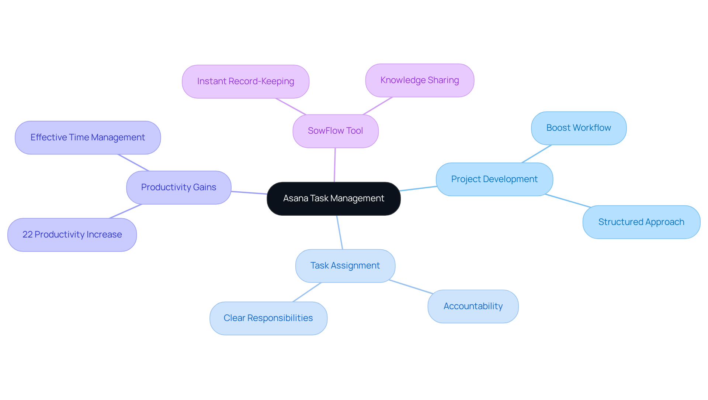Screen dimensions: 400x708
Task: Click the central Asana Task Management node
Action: click(x=333, y=198)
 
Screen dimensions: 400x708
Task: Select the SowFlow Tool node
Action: click(x=335, y=131)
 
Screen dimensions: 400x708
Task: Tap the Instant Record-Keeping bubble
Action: click(x=245, y=81)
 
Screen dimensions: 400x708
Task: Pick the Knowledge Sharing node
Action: click(x=419, y=80)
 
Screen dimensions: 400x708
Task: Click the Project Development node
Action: click(x=494, y=179)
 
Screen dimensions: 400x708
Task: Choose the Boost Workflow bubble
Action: click(x=578, y=128)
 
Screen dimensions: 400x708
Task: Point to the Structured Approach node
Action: click(x=641, y=222)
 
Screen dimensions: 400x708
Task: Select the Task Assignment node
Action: click(x=345, y=266)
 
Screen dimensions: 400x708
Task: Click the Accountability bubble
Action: click(x=473, y=306)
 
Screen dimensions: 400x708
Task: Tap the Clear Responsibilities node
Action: click(x=268, y=318)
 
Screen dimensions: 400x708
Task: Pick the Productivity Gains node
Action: click(x=178, y=187)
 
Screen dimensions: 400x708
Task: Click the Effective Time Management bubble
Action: click(x=87, y=137)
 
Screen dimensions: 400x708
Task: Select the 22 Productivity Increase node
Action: click(x=72, y=235)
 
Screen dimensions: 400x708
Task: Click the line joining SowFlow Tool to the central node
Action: click(x=335, y=165)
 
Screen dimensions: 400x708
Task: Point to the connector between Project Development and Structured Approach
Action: click(x=568, y=201)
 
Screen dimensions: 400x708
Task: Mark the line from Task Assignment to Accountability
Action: click(x=411, y=287)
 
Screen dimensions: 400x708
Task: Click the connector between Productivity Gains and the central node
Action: click(x=249, y=192)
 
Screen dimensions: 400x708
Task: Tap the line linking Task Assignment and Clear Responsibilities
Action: click(x=307, y=292)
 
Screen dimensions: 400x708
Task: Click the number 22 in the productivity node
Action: click(x=27, y=235)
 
